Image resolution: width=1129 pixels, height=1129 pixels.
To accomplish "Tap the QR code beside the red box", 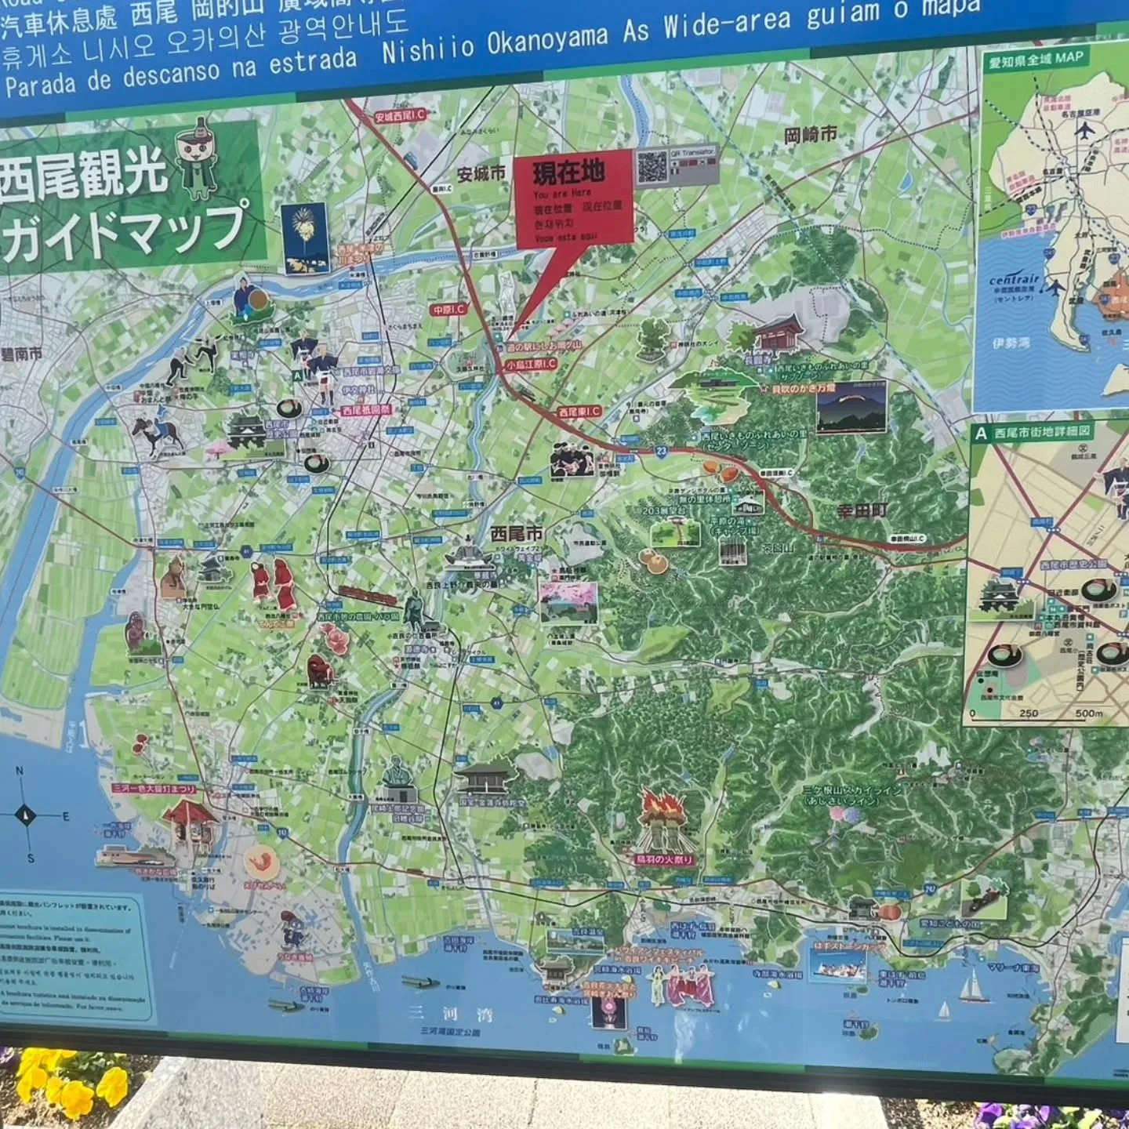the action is (652, 165).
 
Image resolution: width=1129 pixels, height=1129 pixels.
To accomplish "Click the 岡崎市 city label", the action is (810, 136).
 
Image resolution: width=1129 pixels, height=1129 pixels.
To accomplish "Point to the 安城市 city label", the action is (481, 174).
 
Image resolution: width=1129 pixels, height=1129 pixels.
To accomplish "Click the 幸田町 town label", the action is (862, 510).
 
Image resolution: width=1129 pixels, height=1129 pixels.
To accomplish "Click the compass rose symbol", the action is (26, 815).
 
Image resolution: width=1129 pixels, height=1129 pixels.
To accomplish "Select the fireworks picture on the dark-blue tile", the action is (306, 238).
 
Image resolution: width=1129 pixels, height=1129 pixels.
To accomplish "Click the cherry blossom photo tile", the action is (568, 602).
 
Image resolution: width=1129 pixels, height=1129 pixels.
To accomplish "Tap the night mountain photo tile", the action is (851, 408).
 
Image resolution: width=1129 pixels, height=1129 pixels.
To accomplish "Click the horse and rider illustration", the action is (156, 434).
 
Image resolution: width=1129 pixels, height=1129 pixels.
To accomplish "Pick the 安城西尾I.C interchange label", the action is (399, 116).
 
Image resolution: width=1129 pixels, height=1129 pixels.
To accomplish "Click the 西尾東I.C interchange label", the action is (579, 411).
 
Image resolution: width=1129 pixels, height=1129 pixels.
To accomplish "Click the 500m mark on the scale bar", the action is (1088, 713).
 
